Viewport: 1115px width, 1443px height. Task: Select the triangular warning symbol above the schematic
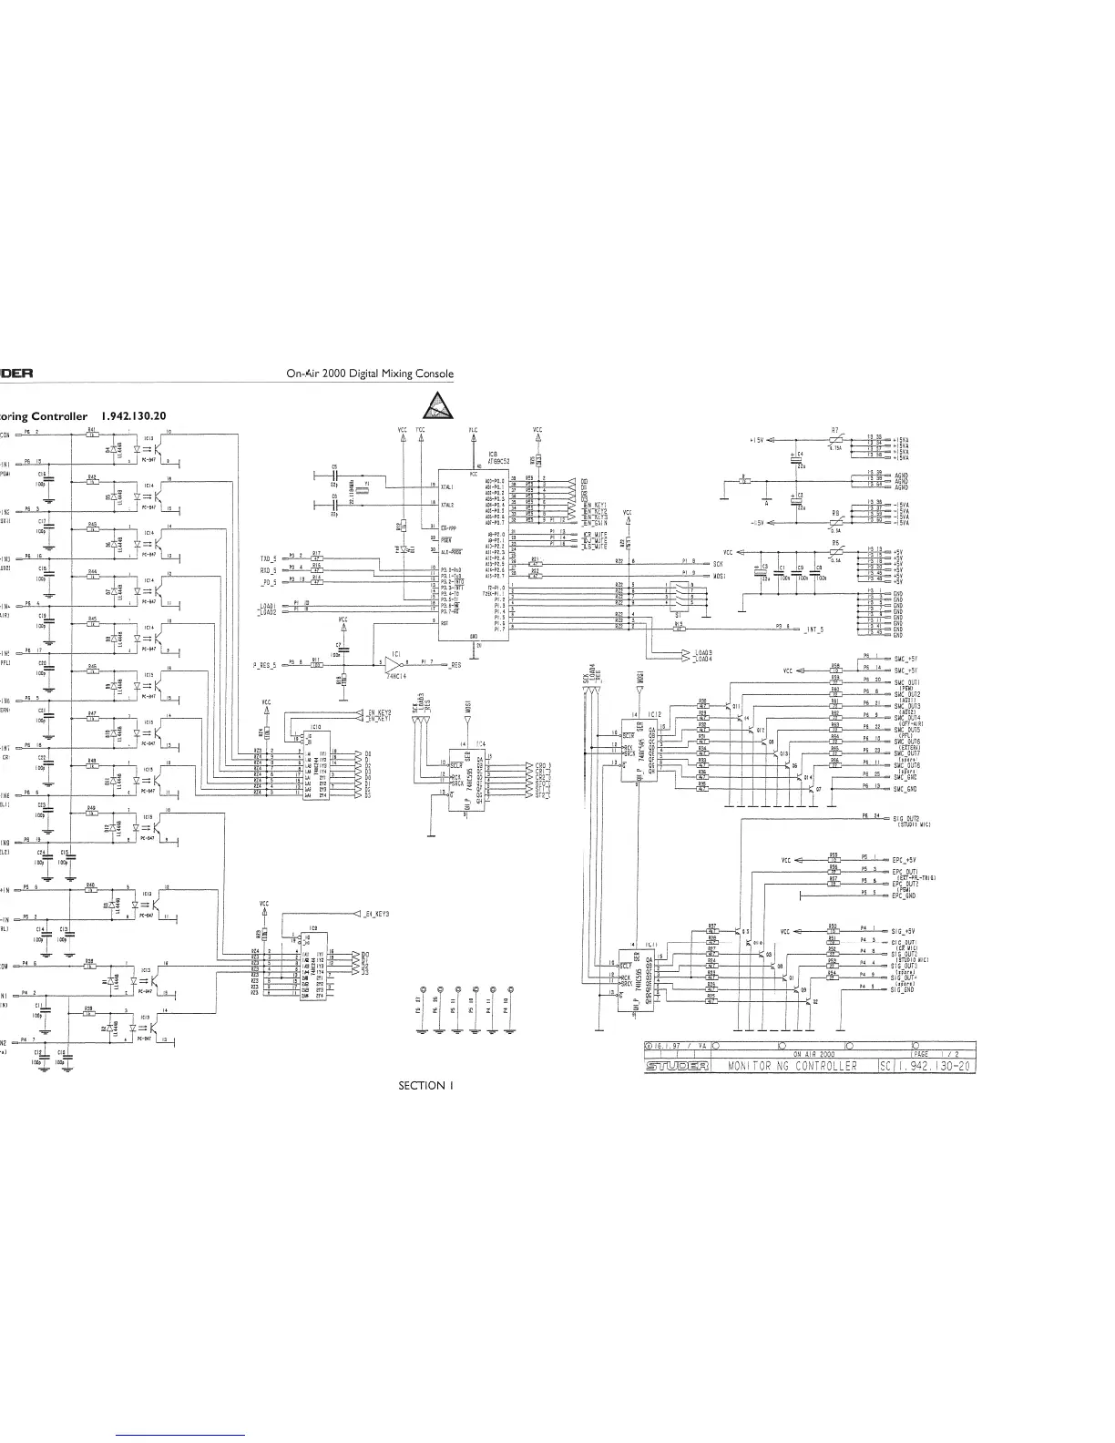pyautogui.click(x=439, y=405)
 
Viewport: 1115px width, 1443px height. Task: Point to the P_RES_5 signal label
pyautogui.click(x=265, y=664)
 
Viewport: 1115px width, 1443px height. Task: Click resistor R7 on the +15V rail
pyautogui.click(x=835, y=439)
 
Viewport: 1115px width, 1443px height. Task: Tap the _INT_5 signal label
pyautogui.click(x=814, y=629)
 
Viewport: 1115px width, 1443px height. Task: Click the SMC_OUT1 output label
pyautogui.click(x=907, y=682)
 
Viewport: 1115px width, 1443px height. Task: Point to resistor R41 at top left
pyautogui.click(x=92, y=434)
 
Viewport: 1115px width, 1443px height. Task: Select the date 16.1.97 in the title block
pyautogui.click(x=668, y=1046)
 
